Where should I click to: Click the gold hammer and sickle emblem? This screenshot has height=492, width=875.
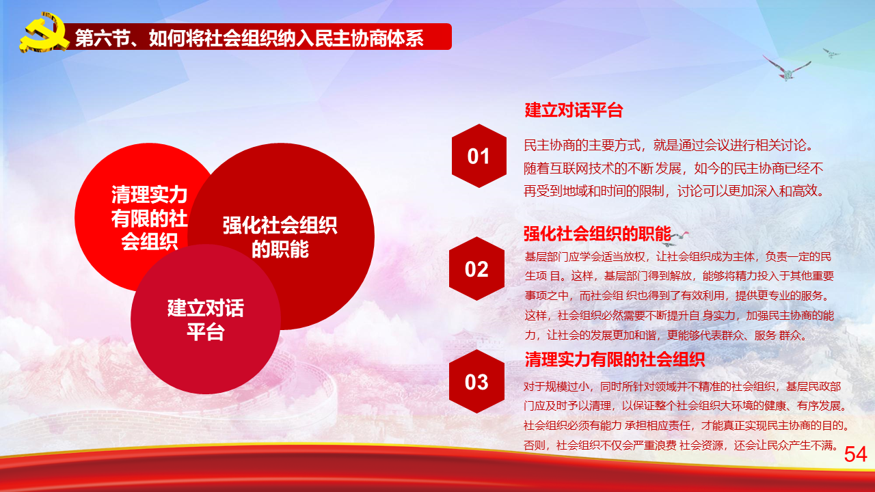click(x=44, y=33)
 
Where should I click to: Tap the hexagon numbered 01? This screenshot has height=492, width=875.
click(x=479, y=156)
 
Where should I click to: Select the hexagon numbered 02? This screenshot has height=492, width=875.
click(x=476, y=269)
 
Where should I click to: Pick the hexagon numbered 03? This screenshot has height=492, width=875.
click(x=476, y=381)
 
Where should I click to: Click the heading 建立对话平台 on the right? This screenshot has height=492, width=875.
click(x=574, y=110)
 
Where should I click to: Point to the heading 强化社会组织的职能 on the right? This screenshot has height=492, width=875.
click(x=597, y=234)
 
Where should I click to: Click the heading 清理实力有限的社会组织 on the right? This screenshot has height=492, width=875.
click(x=615, y=359)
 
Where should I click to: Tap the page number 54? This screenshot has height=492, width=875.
click(x=855, y=454)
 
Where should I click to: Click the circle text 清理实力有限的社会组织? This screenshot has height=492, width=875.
click(x=149, y=218)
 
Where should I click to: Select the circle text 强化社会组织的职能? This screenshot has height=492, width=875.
click(x=280, y=237)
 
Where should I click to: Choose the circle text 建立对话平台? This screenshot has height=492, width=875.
click(x=206, y=320)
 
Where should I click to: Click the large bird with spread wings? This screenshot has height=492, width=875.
click(x=786, y=68)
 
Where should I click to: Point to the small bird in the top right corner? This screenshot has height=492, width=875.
click(x=831, y=53)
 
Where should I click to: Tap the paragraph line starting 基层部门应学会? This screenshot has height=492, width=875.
click(x=677, y=256)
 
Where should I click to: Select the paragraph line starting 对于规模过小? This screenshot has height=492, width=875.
click(x=682, y=386)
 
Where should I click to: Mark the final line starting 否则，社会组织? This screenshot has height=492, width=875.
click(x=680, y=445)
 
